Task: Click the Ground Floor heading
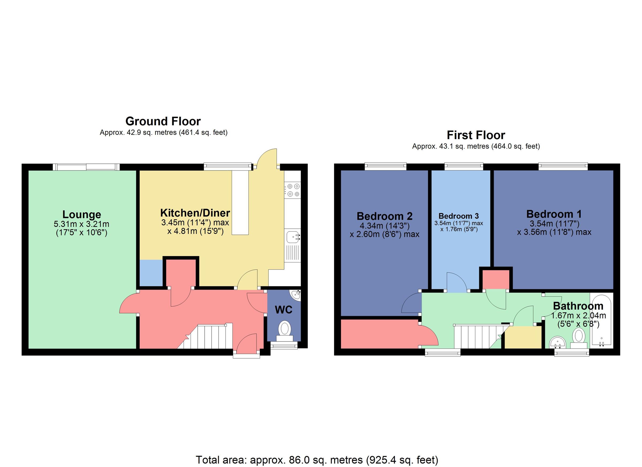(163, 122)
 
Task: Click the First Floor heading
(476, 135)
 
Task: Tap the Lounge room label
(82, 214)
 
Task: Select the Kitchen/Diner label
(195, 213)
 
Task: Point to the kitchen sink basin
(292, 237)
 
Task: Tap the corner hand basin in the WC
(296, 295)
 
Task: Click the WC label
(283, 310)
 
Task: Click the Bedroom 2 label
(384, 216)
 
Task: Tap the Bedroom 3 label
(458, 216)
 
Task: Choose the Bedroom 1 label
(554, 214)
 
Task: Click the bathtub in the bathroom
(601, 320)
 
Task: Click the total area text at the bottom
(317, 460)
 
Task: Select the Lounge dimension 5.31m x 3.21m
(82, 224)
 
